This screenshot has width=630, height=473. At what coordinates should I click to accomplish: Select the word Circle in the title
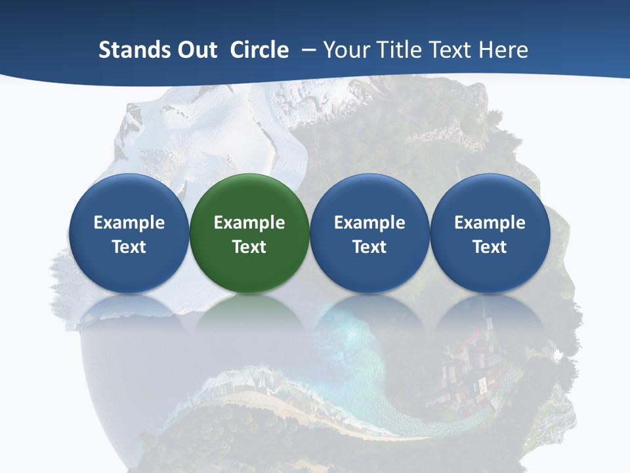259,50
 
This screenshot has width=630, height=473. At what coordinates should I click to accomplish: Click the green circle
249,233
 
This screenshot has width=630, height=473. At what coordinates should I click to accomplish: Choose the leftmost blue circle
129,233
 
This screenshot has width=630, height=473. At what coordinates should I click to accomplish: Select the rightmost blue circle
490,233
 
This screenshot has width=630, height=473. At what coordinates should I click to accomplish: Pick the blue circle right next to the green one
369,233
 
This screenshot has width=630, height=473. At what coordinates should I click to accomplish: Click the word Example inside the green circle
249,223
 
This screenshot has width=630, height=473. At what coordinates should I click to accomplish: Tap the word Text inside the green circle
249,247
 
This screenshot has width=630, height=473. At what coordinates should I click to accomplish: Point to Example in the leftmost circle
129,223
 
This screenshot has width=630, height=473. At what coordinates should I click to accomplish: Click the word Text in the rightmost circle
490,247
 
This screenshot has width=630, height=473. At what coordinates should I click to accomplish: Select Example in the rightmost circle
490,223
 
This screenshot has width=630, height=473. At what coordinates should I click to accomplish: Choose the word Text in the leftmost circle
129,247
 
